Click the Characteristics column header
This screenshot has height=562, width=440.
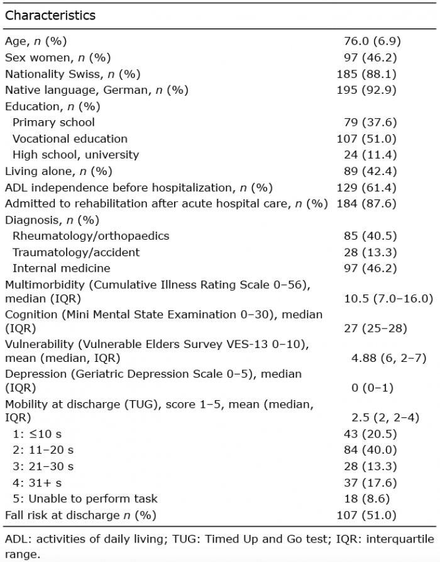[50, 15]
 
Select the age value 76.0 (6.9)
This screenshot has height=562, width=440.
[372, 41]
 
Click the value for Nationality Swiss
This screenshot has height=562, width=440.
[366, 74]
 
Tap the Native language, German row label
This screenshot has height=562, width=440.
[97, 90]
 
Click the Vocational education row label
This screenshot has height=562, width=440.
[70, 138]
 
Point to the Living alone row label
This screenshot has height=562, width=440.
[58, 171]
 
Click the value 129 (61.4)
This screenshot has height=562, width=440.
[366, 188]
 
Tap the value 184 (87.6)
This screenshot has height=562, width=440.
[366, 203]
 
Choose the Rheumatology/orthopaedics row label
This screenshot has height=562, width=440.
[91, 236]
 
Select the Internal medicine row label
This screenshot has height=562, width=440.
[62, 268]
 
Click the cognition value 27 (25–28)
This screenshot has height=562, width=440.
[375, 329]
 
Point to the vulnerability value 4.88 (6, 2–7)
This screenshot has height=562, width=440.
[389, 358]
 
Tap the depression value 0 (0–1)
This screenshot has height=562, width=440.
[372, 388]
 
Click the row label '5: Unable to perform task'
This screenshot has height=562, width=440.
[85, 499]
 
